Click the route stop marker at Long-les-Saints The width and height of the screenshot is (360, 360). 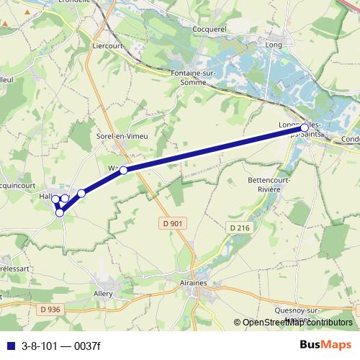[305, 127]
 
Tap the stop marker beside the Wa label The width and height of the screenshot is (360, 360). [123, 170]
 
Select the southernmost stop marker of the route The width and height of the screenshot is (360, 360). [60, 212]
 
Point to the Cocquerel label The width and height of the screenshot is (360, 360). [210, 29]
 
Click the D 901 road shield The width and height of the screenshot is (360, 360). [171, 224]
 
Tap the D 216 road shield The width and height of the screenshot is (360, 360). [240, 228]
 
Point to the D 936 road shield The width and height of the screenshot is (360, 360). [50, 310]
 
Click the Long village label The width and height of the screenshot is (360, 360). [274, 45]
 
